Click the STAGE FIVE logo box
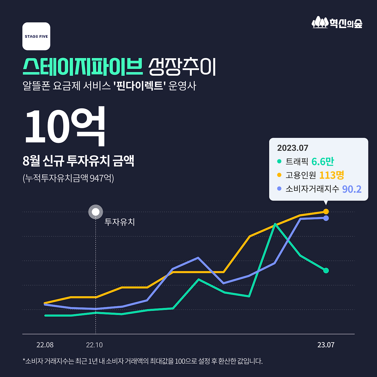click(x=36, y=36)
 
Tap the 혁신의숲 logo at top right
click(x=337, y=23)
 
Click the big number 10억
click(x=65, y=127)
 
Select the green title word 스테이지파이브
click(x=82, y=67)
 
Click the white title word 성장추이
click(x=182, y=67)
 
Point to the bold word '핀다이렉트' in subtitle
click(x=139, y=86)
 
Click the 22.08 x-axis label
click(x=45, y=345)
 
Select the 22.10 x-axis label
click(x=94, y=345)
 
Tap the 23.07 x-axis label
click(x=326, y=345)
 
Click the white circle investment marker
click(x=95, y=212)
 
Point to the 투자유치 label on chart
click(x=120, y=222)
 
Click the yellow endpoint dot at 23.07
click(x=326, y=211)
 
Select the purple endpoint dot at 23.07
click(x=326, y=218)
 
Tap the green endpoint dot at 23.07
click(x=326, y=270)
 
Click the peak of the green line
click(x=275, y=224)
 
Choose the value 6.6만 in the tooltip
click(x=323, y=162)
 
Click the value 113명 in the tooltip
click(x=331, y=175)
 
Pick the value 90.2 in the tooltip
click(x=351, y=189)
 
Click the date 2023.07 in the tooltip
click(x=292, y=148)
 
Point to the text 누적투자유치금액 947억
click(x=68, y=178)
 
